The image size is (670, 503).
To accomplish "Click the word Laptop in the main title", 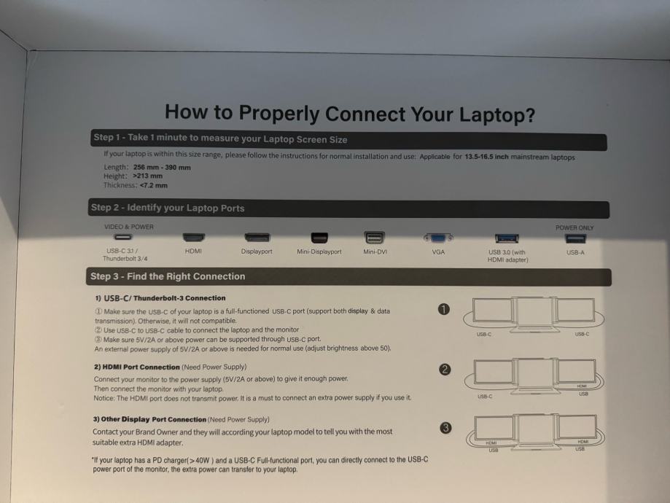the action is (x=496, y=115).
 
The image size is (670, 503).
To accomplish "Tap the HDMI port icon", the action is (x=194, y=237).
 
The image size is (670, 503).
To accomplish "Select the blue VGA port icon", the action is (x=438, y=238).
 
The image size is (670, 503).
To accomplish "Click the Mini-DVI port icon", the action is (x=374, y=237).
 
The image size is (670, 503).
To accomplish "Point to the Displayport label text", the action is (x=257, y=251).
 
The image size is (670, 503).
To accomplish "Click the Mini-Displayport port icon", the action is (x=319, y=237).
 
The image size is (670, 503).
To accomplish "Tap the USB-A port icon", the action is (x=575, y=238).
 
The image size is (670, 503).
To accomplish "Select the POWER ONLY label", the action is (x=574, y=227).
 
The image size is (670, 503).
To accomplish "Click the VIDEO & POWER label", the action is (x=128, y=227).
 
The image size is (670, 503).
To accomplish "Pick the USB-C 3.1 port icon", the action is (x=123, y=237).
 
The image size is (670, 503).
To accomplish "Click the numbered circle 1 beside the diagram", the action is (x=444, y=309).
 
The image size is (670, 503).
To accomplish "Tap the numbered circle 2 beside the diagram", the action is (x=445, y=370).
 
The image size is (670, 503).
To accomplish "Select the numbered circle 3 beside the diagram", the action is (x=445, y=428).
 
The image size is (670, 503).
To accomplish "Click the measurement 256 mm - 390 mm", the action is (x=162, y=168).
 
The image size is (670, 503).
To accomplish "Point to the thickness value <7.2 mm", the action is (x=153, y=185).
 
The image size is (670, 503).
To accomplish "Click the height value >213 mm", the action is (x=148, y=176).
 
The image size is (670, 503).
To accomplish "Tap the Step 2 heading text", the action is (x=168, y=208).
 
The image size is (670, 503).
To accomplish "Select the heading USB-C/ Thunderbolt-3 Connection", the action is (x=165, y=298).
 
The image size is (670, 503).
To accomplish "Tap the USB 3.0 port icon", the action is (x=507, y=238).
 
